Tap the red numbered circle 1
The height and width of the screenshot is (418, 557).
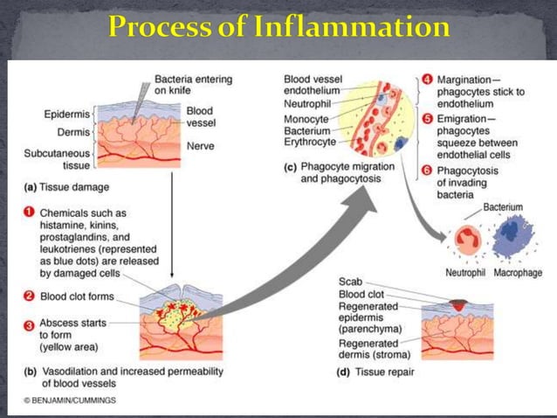pos(29,212)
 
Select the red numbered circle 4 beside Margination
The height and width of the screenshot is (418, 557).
pos(428,80)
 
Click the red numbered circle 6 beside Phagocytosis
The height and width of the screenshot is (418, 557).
pos(428,171)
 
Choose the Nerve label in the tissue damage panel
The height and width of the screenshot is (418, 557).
pos(200,146)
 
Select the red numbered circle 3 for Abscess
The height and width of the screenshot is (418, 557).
pos(29,326)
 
